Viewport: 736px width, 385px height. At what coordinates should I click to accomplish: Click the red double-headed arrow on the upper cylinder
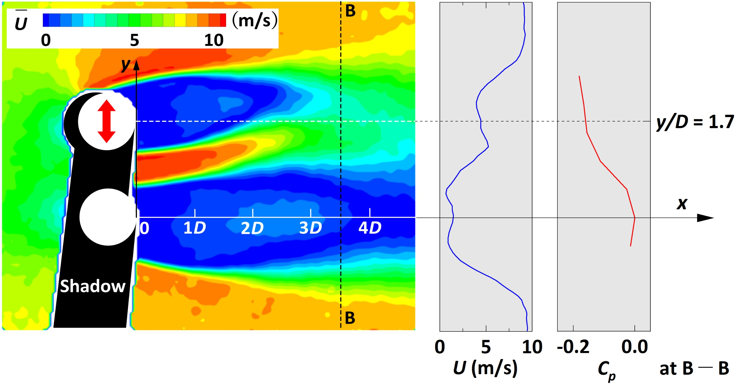[107, 121]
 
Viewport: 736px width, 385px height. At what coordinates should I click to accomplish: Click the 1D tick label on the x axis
[194, 228]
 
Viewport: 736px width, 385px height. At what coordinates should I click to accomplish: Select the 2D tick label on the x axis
[252, 228]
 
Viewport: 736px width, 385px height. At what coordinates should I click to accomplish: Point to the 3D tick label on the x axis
[310, 228]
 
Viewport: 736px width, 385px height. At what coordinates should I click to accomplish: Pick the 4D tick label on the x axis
[370, 228]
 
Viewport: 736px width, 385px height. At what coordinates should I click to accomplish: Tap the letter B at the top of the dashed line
[350, 11]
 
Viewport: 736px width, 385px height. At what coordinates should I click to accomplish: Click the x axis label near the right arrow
[682, 203]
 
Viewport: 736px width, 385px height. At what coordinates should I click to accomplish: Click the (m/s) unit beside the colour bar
[255, 20]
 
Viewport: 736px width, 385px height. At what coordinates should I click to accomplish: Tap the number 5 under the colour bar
[134, 40]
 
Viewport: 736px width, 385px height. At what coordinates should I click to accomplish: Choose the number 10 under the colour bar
[214, 40]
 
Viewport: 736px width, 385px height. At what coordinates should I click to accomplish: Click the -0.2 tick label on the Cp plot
[573, 347]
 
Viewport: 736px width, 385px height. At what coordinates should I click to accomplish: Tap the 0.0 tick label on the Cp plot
[634, 347]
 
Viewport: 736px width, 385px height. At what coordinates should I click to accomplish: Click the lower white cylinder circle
[108, 217]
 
